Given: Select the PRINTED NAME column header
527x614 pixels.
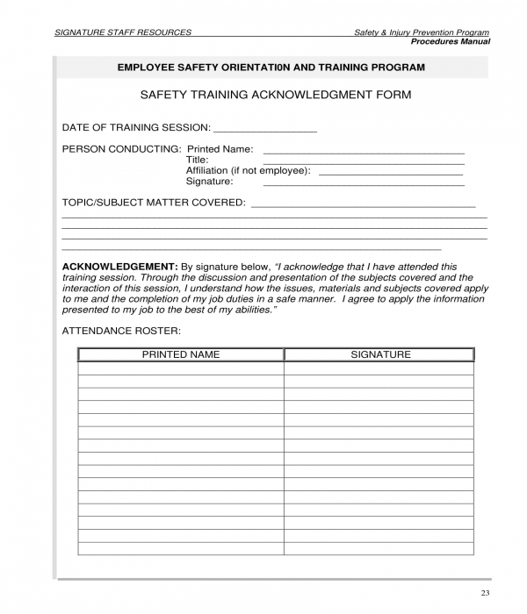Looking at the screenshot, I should tap(181, 354).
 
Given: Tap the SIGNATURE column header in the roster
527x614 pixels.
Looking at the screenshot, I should tap(380, 354).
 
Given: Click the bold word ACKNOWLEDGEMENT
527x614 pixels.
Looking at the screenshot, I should tap(119, 266).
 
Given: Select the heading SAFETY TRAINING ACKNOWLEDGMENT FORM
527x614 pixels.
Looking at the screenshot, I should tap(276, 94).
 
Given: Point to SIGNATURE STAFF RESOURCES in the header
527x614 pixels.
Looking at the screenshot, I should tap(123, 32).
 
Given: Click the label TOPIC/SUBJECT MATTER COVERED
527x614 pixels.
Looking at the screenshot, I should tap(154, 203).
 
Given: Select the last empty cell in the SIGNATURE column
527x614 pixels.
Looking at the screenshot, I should tap(380, 548).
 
